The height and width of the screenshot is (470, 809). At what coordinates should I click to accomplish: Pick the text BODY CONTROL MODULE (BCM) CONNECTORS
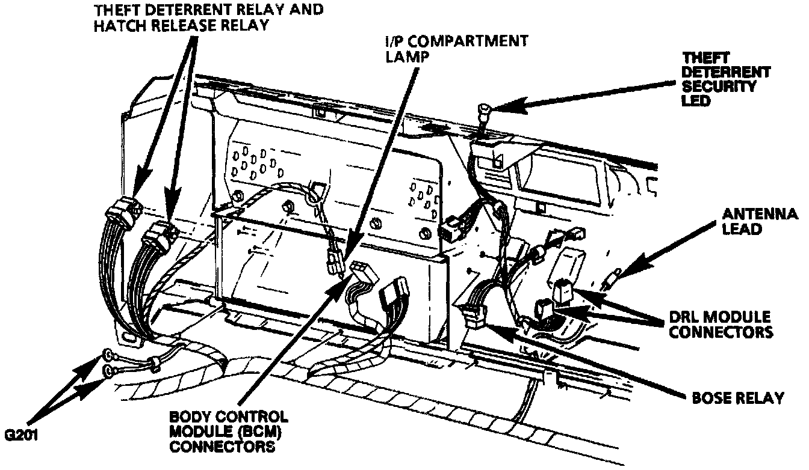point(229,431)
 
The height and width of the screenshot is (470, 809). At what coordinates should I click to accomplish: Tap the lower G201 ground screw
point(108,371)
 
